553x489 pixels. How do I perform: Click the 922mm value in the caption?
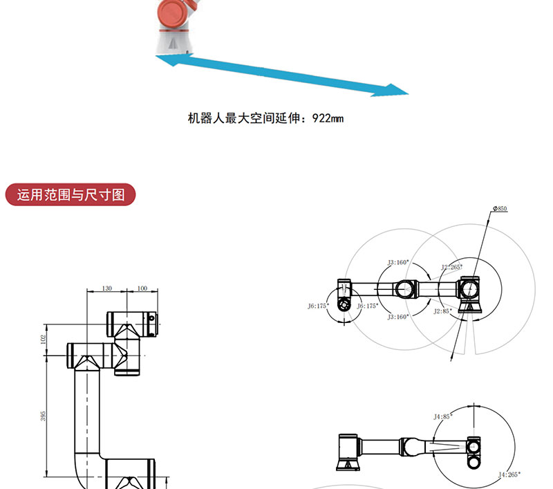328,118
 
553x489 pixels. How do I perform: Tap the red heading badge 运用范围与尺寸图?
71,195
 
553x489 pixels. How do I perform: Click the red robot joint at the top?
173,14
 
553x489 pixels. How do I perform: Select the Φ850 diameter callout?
500,208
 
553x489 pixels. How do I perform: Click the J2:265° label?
452,266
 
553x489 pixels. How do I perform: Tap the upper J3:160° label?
398,262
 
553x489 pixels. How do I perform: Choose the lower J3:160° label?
397,316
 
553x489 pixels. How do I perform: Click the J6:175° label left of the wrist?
318,305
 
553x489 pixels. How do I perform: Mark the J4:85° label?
442,416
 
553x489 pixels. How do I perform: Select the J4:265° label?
509,474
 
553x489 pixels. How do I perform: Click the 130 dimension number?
106,288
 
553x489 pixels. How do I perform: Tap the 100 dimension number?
142,288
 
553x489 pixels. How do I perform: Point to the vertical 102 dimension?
43,339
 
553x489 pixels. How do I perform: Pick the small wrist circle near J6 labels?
343,305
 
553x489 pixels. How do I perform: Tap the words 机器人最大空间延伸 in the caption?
245,118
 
